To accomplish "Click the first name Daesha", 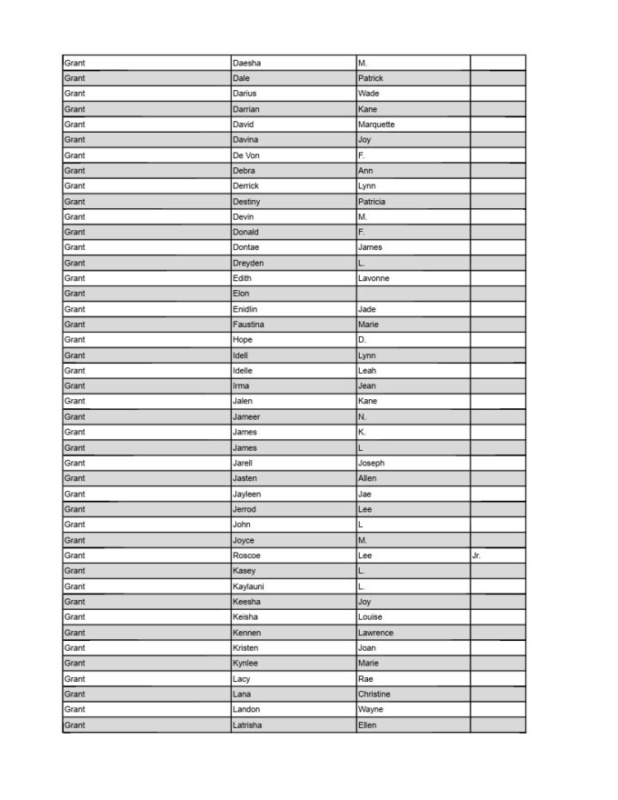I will pyautogui.click(x=247, y=63).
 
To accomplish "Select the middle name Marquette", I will pyautogui.click(x=376, y=125).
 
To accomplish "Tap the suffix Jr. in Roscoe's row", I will pyautogui.click(x=477, y=555).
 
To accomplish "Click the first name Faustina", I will pyautogui.click(x=250, y=325).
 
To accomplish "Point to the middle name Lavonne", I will pyautogui.click(x=374, y=278).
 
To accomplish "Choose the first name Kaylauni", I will pyautogui.click(x=249, y=586).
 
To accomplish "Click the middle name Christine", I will pyautogui.click(x=374, y=694).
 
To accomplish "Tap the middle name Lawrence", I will pyautogui.click(x=375, y=633).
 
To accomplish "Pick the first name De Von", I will pyautogui.click(x=246, y=155).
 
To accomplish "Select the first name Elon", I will pyautogui.click(x=241, y=294).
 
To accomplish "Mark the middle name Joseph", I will pyautogui.click(x=372, y=463).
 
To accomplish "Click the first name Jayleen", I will pyautogui.click(x=248, y=494).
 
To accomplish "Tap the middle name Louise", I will pyautogui.click(x=371, y=617).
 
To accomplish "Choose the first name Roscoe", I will pyautogui.click(x=247, y=555).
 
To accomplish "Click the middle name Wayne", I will pyautogui.click(x=371, y=709).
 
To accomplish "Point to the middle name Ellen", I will pyautogui.click(x=367, y=725).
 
